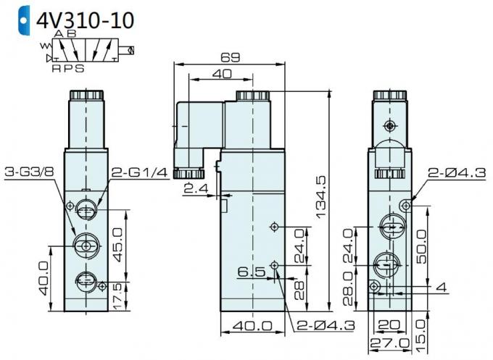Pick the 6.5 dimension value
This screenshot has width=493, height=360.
(x=251, y=272)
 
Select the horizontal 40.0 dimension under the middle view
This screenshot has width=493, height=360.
(x=248, y=327)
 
